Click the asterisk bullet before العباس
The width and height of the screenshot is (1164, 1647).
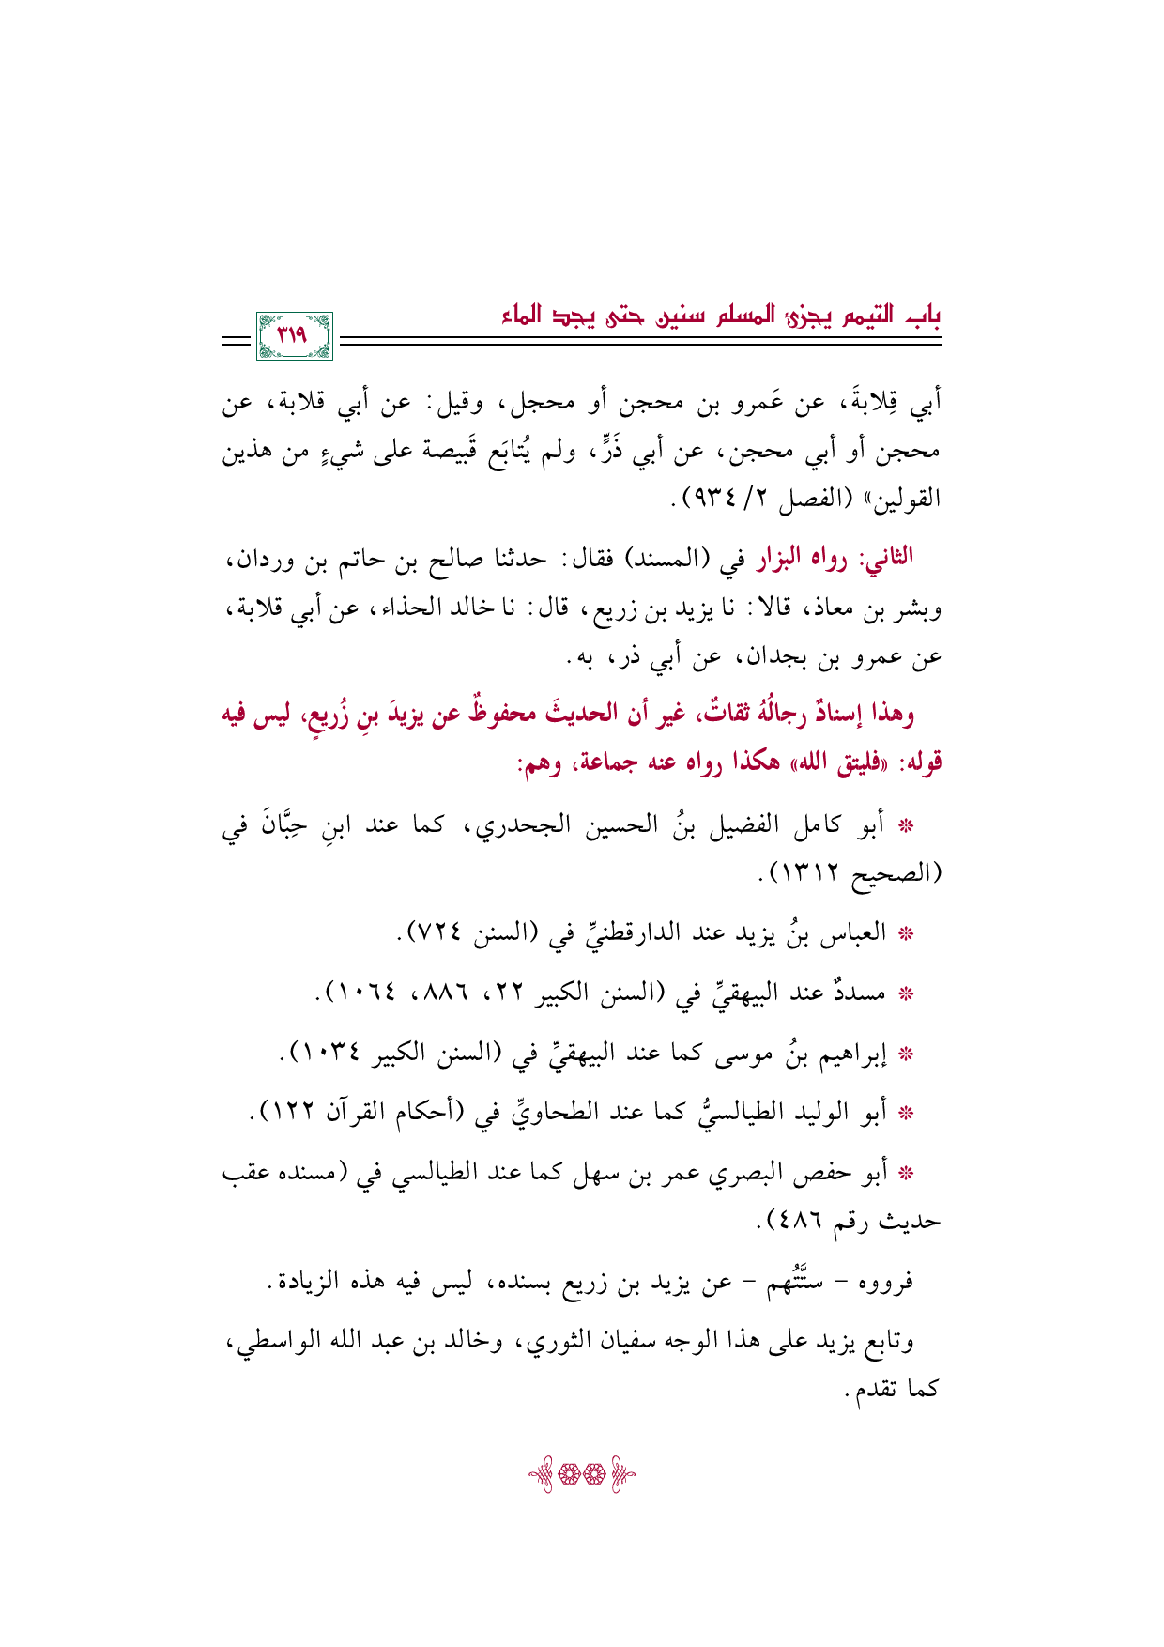pos(907,935)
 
